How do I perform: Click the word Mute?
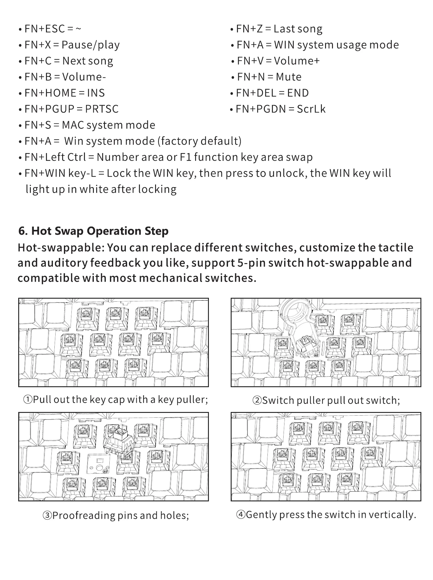coord(288,77)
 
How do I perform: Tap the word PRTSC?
coord(102,109)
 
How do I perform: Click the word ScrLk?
coord(311,109)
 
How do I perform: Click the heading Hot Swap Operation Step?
coord(93,231)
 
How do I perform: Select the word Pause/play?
coord(91,45)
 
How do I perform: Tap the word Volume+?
coord(296,61)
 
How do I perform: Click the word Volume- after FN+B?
coord(84,77)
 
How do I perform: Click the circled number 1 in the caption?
coord(28,399)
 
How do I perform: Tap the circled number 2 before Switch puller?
coord(257,400)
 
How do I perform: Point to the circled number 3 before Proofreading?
coord(47,516)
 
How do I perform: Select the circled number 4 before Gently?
coord(241,515)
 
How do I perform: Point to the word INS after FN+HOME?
coord(96,93)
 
